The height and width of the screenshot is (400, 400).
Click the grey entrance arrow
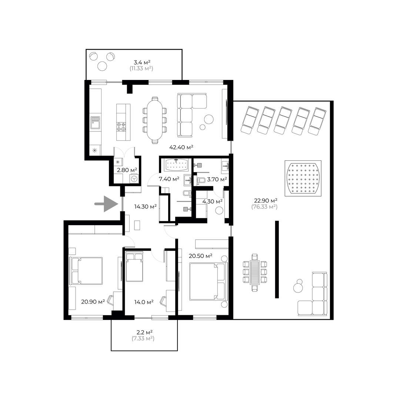(107, 204)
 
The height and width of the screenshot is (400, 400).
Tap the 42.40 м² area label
(181, 147)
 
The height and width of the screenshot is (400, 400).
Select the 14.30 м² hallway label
(146, 207)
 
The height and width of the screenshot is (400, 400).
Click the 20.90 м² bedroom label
(93, 302)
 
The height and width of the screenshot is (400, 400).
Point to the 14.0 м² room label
(144, 302)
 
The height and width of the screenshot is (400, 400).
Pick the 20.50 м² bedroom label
(201, 256)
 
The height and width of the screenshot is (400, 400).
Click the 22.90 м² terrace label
(266, 200)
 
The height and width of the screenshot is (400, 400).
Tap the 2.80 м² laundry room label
(127, 170)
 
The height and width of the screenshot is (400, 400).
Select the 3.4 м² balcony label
(142, 62)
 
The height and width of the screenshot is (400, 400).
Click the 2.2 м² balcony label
(144, 332)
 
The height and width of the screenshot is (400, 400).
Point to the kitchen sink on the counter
(95, 123)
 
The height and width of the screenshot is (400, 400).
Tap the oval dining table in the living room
(154, 120)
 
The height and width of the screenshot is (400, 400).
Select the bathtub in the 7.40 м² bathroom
(176, 165)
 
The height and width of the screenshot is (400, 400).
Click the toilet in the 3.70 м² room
(201, 181)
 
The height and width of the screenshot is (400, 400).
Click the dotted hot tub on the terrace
(303, 178)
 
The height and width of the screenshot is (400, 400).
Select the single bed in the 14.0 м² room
(134, 267)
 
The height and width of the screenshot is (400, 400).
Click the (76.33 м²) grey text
(264, 207)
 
